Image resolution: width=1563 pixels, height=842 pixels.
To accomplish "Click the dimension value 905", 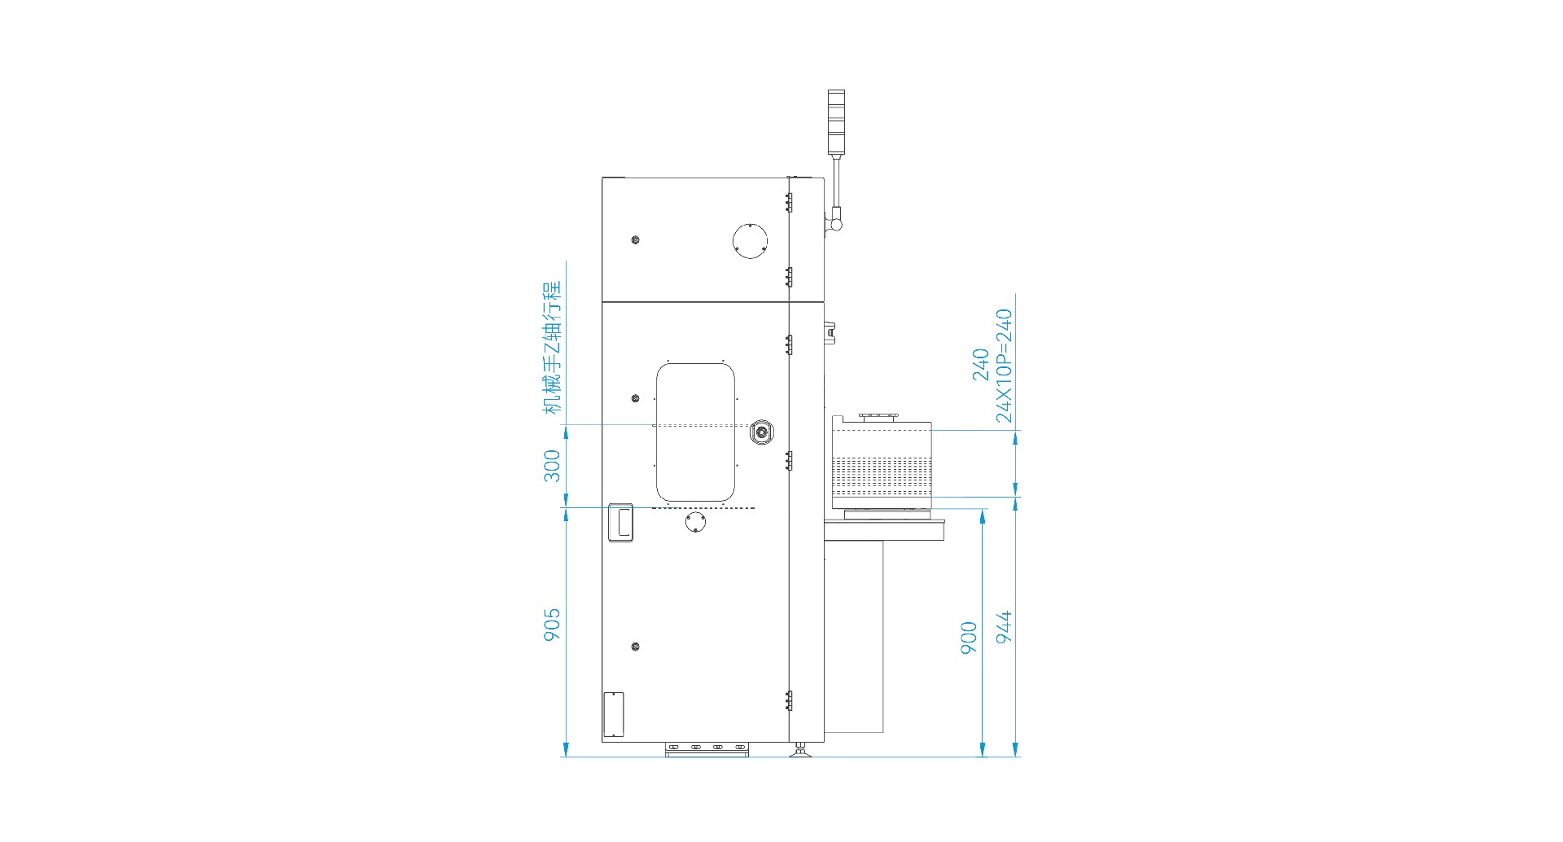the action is click(x=552, y=625).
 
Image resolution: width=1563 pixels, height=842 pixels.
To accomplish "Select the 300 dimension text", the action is click(x=552, y=466).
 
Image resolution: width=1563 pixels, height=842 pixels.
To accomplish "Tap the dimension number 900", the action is click(x=969, y=638).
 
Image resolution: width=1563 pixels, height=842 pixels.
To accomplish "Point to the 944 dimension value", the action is click(x=1005, y=627).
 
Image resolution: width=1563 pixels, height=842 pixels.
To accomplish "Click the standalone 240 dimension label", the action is click(x=981, y=365).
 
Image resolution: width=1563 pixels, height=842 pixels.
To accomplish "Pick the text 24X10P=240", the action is click(x=1005, y=366).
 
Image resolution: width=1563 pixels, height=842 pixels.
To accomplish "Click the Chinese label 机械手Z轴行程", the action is click(x=553, y=348).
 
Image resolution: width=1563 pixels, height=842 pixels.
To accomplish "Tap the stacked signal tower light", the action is click(x=836, y=122).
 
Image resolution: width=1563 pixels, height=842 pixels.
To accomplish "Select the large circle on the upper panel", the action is click(x=750, y=240).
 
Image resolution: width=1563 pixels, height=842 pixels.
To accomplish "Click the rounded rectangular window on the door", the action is click(x=696, y=432).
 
